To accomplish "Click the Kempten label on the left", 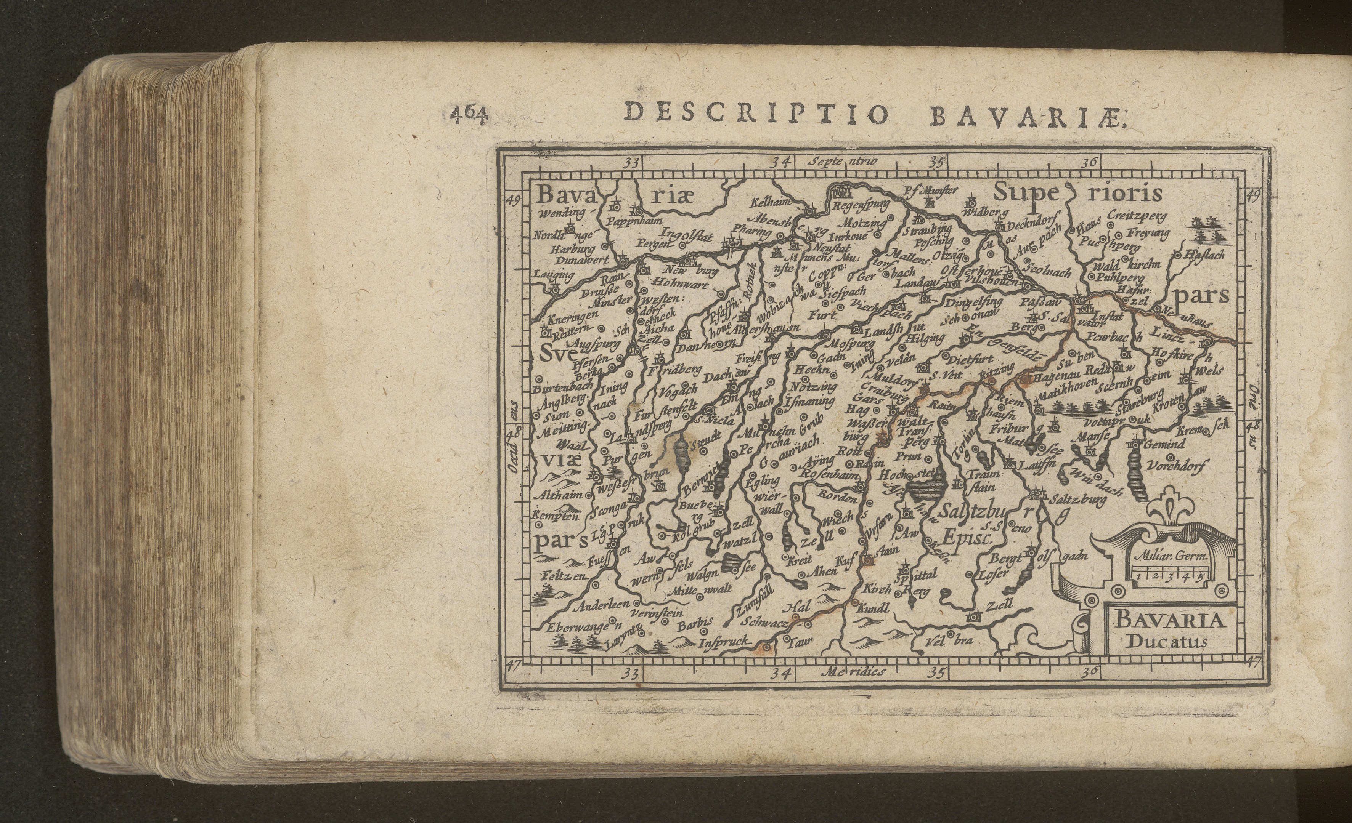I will tap(555, 516).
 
